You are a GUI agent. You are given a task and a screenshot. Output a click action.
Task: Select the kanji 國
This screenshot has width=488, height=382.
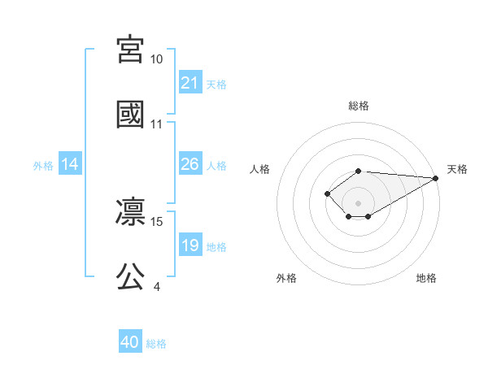131,114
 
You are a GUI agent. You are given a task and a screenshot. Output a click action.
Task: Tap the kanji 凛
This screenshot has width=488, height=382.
131,211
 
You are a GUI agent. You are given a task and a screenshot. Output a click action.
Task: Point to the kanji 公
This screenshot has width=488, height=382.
131,276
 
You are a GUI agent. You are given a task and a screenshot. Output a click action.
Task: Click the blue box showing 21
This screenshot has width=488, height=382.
190,82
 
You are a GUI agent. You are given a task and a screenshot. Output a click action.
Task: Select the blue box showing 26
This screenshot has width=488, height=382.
190,164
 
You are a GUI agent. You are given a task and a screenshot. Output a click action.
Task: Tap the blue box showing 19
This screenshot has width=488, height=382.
190,245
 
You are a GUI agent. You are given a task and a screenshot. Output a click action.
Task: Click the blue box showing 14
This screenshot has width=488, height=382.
70,164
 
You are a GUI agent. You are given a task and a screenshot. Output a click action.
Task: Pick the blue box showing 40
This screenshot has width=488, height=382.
130,342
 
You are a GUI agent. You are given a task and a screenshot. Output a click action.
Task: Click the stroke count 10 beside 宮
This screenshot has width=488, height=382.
156,59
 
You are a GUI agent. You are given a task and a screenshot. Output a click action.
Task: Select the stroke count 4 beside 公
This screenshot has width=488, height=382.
156,286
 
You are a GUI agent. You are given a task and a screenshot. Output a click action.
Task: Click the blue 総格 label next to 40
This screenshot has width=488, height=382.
156,344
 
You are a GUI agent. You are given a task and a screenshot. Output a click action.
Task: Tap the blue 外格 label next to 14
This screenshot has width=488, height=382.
43,165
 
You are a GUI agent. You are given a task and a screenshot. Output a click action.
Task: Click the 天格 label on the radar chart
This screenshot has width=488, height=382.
457,169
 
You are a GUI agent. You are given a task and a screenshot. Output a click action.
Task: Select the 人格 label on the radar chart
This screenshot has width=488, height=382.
260,169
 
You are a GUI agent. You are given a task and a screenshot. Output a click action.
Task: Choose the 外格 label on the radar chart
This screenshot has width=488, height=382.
286,278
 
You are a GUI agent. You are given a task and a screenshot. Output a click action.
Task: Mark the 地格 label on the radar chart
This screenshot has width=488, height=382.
426,278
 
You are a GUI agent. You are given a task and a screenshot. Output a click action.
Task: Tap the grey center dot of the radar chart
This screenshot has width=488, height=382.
358,203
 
